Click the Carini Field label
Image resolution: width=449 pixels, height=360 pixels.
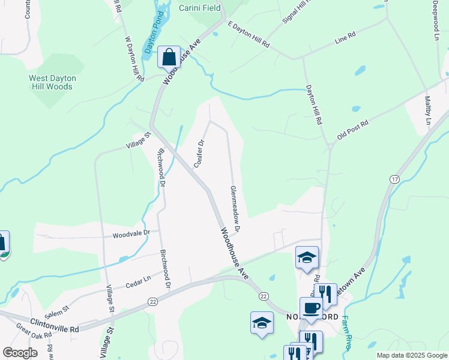pos(199,8)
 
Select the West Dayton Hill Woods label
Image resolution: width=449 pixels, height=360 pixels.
pos(51,82)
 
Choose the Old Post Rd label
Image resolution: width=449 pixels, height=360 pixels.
pos(352,129)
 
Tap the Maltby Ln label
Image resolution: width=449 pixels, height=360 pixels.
pos(429,110)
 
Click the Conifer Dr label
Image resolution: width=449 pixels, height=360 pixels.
pos(200,153)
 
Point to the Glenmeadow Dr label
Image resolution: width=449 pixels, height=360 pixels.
pos(235,208)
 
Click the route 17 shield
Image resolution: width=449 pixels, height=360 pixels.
pos(394,179)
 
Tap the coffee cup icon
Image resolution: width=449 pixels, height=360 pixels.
pos(310,308)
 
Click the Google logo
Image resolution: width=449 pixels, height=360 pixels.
pos(20,353)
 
